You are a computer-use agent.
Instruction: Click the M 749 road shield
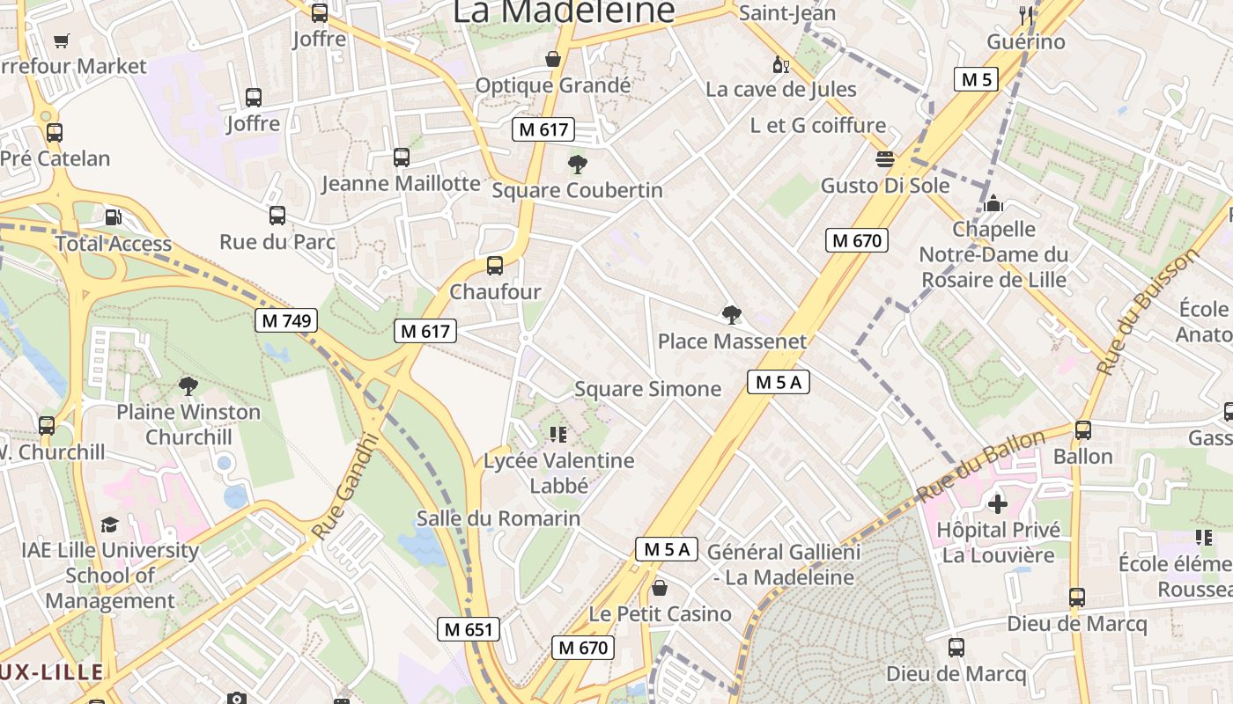(286, 320)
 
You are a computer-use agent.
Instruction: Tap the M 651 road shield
(469, 629)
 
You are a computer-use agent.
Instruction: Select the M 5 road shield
(976, 79)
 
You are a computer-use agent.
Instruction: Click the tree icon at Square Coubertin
(578, 165)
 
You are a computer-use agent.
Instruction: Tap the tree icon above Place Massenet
(731, 314)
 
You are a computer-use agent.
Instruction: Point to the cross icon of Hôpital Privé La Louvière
(997, 504)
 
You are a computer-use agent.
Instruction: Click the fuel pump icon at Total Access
(114, 217)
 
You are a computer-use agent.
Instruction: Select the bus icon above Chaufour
(495, 266)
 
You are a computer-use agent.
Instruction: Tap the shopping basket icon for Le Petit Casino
(660, 588)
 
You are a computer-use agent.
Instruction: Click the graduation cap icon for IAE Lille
(109, 524)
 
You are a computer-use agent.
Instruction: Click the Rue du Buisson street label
(1148, 311)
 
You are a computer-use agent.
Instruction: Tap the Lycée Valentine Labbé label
(558, 473)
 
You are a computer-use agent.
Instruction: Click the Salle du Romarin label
(498, 518)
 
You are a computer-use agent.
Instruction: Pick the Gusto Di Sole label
(885, 186)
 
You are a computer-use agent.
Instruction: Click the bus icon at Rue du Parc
(277, 216)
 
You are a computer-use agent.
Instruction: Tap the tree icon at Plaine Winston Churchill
(188, 385)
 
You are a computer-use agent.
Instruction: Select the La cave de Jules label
(781, 89)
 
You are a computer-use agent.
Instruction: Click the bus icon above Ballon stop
(1083, 430)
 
